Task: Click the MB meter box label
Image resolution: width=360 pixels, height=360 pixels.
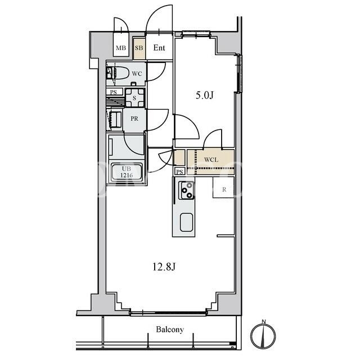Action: click(x=121, y=48)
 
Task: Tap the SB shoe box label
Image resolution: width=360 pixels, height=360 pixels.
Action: click(x=139, y=48)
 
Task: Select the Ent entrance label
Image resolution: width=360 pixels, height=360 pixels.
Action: click(x=159, y=48)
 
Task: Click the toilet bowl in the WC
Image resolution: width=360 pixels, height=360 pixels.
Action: click(x=120, y=73)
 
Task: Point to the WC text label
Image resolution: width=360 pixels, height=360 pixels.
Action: click(x=137, y=74)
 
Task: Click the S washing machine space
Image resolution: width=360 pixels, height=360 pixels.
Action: click(x=134, y=98)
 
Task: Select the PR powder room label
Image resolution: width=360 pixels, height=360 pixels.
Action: click(x=134, y=119)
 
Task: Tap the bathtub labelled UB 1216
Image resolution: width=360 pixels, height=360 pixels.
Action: click(x=127, y=172)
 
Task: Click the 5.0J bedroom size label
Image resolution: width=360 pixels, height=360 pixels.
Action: click(x=205, y=95)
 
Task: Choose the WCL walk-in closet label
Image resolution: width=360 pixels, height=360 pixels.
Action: click(x=211, y=160)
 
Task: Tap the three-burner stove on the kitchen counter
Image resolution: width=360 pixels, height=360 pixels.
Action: click(x=186, y=190)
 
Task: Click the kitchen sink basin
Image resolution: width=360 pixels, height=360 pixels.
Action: click(x=186, y=222)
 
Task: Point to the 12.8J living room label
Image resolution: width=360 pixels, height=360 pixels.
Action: click(x=164, y=267)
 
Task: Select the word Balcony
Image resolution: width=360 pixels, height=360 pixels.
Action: click(x=170, y=330)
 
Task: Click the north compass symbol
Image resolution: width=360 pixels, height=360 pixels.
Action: click(x=263, y=336)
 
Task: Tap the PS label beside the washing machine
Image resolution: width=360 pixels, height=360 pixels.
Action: click(x=114, y=92)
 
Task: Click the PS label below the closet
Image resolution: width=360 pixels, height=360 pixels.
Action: click(x=180, y=172)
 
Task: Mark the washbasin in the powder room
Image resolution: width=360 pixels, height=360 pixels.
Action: click(x=116, y=119)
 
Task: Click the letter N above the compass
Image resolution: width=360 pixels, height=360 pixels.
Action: click(x=264, y=322)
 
